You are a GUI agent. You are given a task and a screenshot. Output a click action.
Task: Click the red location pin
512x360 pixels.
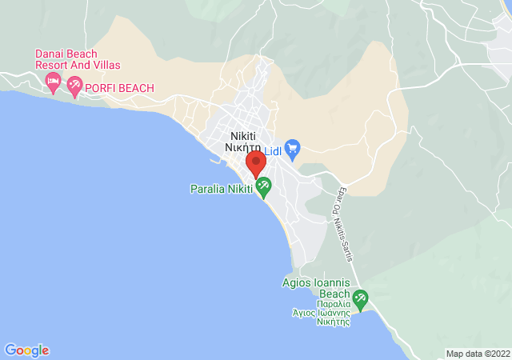coord(256,163)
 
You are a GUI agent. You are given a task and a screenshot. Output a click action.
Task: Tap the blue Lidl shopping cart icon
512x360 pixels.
coord(292,148)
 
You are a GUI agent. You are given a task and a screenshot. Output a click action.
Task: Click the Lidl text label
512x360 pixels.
coord(273,152)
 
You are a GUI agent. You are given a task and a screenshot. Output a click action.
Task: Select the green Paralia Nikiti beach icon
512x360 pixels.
coord(263,187)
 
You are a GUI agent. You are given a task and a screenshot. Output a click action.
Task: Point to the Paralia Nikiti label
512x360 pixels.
coord(221,190)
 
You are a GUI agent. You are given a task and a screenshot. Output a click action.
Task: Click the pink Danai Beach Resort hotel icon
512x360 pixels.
coord(53,80)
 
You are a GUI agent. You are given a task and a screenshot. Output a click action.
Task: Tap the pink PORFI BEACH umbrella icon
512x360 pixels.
coord(75,86)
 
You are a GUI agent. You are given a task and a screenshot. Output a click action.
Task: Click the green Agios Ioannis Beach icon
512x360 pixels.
coord(361,300)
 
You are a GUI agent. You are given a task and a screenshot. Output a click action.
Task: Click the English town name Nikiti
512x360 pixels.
coord(243,135)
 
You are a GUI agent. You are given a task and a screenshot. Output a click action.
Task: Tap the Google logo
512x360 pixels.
coord(26,350)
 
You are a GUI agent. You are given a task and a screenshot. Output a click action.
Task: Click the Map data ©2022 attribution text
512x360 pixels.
coord(478,354)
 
